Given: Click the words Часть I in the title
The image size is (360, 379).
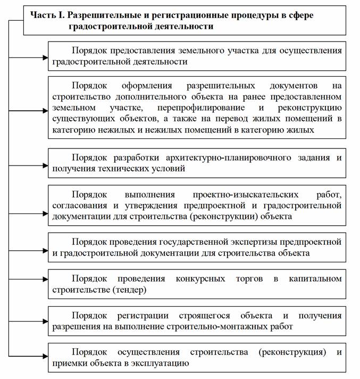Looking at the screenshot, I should (x=43, y=15).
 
